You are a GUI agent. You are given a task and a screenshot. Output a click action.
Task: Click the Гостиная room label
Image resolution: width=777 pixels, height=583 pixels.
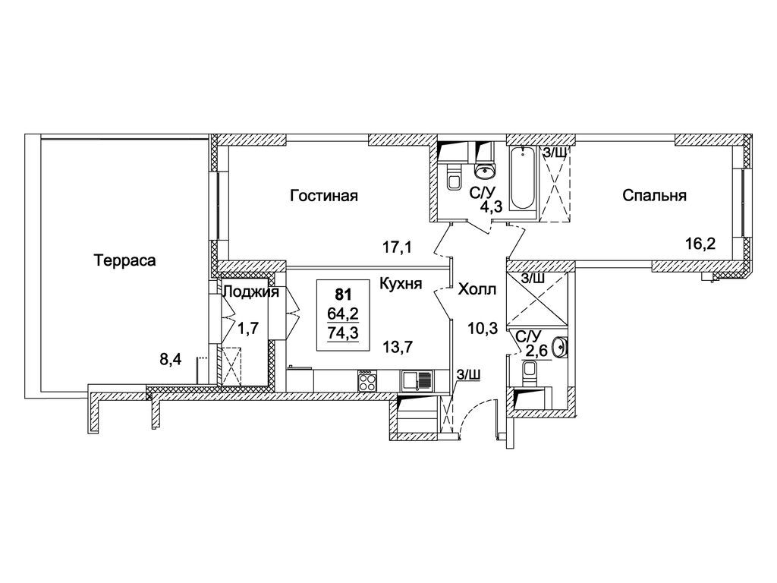[x=323, y=195]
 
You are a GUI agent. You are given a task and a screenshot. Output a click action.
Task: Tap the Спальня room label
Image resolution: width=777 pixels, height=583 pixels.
[x=654, y=195]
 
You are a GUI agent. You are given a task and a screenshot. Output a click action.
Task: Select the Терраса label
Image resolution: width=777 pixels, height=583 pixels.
[x=125, y=260]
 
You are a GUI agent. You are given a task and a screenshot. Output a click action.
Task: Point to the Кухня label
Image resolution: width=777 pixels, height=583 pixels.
[x=401, y=284]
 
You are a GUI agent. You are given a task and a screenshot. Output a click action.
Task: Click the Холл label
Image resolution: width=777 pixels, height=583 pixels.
[x=477, y=289]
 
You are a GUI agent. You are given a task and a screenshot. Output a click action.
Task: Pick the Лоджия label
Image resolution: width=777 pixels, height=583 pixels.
[x=251, y=292]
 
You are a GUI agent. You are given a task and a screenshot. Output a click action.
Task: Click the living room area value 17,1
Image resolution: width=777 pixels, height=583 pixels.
[x=398, y=247]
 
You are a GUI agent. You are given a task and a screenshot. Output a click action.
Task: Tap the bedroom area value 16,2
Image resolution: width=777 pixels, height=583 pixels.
[x=700, y=244]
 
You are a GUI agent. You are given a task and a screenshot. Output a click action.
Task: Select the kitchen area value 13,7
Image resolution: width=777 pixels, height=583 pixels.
[x=398, y=347]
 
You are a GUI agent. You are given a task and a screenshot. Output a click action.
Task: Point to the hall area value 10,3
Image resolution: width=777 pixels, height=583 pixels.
[x=483, y=327]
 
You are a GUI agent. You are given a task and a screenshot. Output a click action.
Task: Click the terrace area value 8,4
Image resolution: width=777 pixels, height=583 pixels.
[x=170, y=359]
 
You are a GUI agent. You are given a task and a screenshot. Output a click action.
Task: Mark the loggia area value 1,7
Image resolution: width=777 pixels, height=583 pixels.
[x=248, y=328]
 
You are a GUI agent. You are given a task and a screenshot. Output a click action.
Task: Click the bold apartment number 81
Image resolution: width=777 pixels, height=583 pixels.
[x=343, y=295]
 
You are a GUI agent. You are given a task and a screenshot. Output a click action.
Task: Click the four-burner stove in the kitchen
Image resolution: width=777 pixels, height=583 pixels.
[x=367, y=380]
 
